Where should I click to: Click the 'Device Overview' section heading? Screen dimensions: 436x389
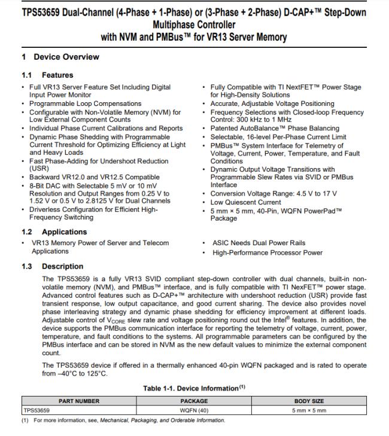coord(66,57)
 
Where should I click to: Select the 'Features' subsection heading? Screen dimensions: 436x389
coord(57,75)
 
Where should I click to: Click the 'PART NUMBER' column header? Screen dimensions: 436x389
coord(79,401)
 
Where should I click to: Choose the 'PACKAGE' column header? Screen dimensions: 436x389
coord(194,401)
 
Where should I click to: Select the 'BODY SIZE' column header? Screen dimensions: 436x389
coord(309,401)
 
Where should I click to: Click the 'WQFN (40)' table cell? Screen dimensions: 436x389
coord(194,411)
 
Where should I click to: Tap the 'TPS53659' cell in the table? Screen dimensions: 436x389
coord(37,411)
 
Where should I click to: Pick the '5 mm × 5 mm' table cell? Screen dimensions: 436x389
coord(309,411)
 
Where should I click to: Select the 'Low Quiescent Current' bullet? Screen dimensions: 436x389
coord(246,202)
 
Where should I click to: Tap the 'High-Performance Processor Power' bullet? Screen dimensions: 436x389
coord(267,252)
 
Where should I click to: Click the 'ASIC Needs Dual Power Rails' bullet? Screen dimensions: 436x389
coord(259,243)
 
